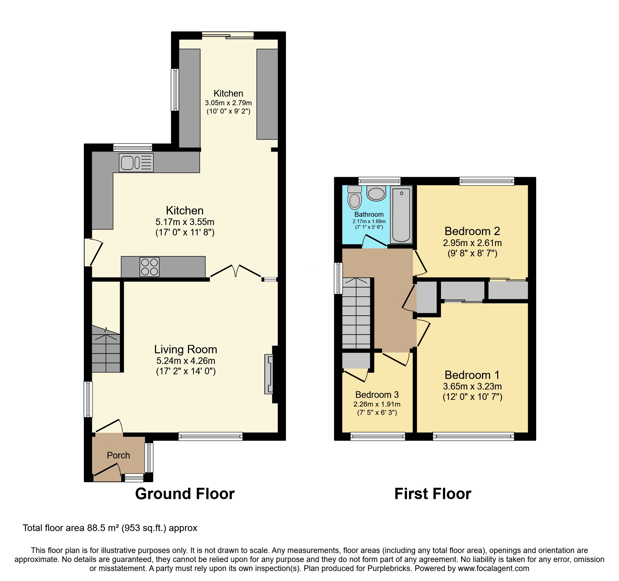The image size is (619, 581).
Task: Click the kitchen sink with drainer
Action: point(136,163)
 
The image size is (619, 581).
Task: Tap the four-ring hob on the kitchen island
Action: point(149,267)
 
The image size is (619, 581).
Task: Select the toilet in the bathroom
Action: point(354,198)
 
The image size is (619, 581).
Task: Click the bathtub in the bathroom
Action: point(401,215)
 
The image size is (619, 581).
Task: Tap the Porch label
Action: point(118,455)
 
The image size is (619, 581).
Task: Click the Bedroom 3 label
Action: point(377,395)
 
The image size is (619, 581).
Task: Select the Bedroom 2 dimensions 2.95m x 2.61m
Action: point(472,243)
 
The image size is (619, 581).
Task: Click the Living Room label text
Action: point(185,349)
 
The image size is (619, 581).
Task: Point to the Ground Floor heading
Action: point(185,493)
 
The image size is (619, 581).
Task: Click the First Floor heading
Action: point(433,493)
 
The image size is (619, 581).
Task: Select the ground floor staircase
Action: point(106,350)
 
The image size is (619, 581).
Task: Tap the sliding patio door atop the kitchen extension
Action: point(228,35)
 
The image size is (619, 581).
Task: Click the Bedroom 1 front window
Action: point(473,436)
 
